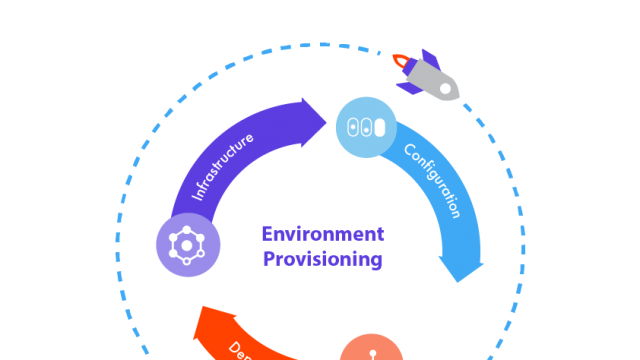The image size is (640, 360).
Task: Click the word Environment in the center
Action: pyautogui.click(x=322, y=235)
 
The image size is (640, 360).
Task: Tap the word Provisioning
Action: pyautogui.click(x=322, y=259)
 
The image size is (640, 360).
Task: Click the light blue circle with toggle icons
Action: pyautogui.click(x=367, y=128)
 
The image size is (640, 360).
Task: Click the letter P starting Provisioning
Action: pyautogui.click(x=268, y=259)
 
